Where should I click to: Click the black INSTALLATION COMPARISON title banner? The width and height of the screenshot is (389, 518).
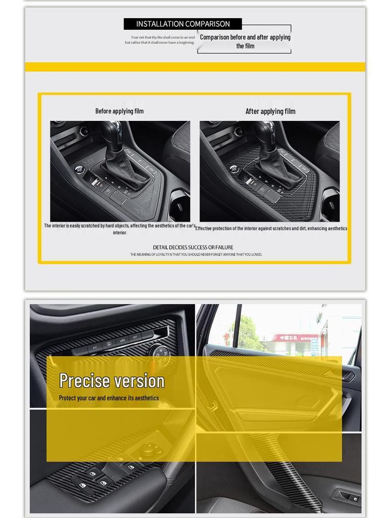point(182,24)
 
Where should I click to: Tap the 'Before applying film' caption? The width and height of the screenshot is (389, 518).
point(120,111)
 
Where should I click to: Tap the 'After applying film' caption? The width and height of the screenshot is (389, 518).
point(270,111)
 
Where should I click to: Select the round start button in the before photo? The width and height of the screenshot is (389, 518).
point(80,169)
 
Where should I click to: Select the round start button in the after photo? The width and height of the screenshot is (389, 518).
point(234,169)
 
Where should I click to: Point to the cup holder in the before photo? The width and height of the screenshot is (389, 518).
point(180,202)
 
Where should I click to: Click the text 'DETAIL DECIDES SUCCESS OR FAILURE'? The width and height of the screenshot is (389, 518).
point(193,247)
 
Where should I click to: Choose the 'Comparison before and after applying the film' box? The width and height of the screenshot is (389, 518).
point(245,41)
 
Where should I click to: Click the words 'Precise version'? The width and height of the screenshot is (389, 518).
point(112,380)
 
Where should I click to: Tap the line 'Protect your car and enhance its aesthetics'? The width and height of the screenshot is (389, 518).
point(109,398)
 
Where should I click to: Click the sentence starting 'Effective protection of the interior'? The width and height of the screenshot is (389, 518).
point(271,229)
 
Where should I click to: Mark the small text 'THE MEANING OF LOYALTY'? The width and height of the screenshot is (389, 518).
point(196,254)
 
